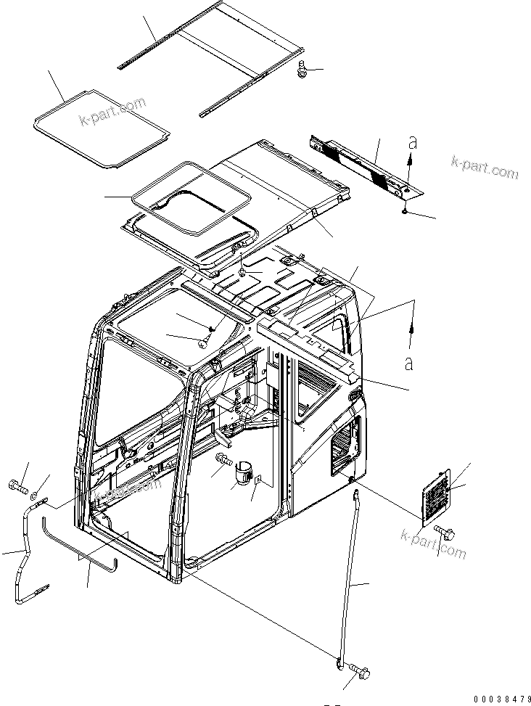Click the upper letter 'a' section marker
[413, 142]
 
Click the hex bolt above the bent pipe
[16, 485]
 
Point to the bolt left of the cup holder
[223, 459]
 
